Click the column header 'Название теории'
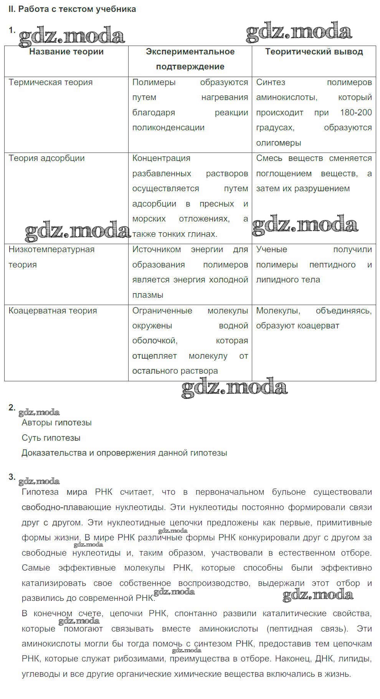(66, 52)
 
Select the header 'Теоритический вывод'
(314, 52)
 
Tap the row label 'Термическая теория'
(51, 82)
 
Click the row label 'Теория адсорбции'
(46, 158)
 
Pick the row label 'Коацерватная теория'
(53, 311)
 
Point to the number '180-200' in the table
(356, 113)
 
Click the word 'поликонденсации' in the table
(168, 128)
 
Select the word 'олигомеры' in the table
(279, 143)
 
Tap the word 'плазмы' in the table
(148, 295)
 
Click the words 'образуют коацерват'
(297, 326)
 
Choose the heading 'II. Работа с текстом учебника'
(72, 9)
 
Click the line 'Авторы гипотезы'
(56, 423)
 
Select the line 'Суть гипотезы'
(51, 438)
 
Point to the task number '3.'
(12, 477)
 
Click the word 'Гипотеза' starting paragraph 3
(40, 492)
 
